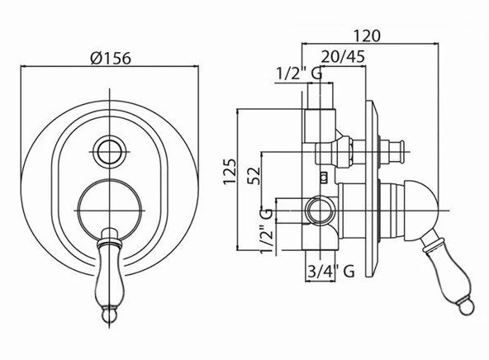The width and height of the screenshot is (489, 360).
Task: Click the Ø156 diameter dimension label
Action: (111, 58)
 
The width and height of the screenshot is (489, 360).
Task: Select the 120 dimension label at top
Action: (367, 36)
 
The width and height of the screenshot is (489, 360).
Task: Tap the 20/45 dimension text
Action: (343, 57)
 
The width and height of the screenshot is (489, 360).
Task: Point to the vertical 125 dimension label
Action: (230, 172)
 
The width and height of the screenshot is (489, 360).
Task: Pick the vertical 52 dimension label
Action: (254, 176)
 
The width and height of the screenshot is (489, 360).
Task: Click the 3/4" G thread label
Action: (330, 271)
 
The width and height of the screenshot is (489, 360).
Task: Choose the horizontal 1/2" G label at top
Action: (299, 73)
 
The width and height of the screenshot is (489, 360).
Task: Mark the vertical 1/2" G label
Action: (267, 231)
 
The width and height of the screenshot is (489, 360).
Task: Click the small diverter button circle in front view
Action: (110, 152)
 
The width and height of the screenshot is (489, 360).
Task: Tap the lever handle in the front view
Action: (109, 275)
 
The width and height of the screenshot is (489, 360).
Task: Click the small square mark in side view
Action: (324, 178)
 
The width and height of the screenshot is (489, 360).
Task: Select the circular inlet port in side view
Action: (320, 211)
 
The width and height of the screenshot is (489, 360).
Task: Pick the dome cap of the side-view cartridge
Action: (420, 211)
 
